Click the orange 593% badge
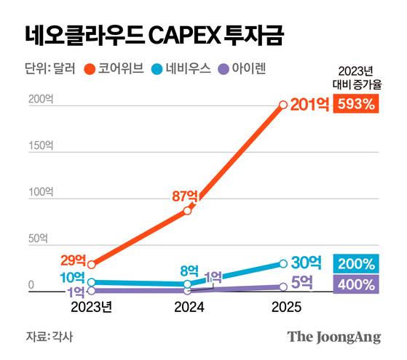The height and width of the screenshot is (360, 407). (x=356, y=104)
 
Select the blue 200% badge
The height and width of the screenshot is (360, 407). (x=356, y=263)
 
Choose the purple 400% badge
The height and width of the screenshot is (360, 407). (x=356, y=284)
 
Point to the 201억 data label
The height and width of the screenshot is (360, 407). (x=309, y=105)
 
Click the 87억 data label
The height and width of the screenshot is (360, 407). (x=185, y=196)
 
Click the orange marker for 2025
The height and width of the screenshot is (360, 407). (x=283, y=105)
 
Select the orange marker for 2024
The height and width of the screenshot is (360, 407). (x=188, y=210)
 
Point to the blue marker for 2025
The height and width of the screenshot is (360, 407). (x=283, y=263)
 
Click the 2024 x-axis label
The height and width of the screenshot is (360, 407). (x=189, y=308)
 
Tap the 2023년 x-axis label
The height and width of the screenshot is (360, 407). (x=91, y=308)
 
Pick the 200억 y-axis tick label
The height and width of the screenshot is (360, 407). (x=41, y=100)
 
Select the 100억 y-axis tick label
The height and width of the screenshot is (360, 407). (x=41, y=192)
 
